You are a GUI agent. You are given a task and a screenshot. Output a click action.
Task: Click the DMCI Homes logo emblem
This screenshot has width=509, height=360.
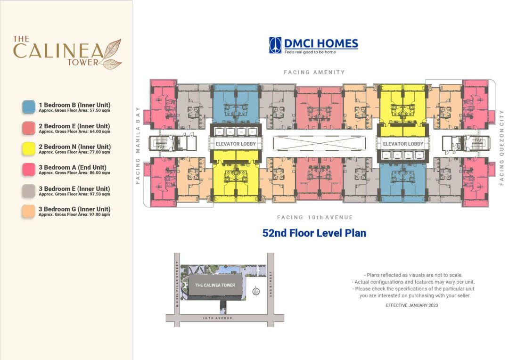click(x=275, y=45)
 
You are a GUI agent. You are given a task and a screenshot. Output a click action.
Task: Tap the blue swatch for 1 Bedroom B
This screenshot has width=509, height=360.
click(x=29, y=106)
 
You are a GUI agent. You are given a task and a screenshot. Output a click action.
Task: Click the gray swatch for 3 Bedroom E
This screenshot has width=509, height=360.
click(x=29, y=190)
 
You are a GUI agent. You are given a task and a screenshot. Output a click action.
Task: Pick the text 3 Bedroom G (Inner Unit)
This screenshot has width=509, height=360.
click(x=74, y=209)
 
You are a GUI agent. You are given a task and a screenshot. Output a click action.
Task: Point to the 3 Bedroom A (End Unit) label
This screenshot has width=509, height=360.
click(x=73, y=167)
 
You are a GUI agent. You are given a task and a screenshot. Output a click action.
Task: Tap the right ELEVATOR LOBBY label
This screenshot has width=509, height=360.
click(x=403, y=144)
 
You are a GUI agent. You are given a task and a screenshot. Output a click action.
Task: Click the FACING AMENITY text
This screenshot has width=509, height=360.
click(x=314, y=72)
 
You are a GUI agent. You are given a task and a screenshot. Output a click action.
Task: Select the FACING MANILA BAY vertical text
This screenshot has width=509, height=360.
click(x=139, y=144)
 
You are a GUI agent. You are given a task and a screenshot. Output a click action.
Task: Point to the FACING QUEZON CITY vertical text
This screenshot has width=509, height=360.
click(x=501, y=147)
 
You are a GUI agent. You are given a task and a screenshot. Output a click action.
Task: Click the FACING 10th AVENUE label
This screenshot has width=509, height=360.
click(x=314, y=217)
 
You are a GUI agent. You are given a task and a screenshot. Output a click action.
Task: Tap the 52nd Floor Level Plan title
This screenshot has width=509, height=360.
click(x=314, y=233)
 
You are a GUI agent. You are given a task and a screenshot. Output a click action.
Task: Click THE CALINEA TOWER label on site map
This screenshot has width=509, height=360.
click(x=215, y=285)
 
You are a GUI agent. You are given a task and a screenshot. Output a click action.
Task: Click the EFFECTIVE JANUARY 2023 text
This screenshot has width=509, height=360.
click(x=412, y=305)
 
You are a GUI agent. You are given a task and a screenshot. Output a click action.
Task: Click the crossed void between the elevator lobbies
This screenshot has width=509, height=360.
click(x=319, y=144)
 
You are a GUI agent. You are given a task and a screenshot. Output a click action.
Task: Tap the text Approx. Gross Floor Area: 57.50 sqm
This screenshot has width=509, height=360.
click(x=74, y=111)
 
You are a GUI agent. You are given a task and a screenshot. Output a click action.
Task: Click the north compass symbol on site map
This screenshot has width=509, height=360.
click(x=256, y=291)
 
